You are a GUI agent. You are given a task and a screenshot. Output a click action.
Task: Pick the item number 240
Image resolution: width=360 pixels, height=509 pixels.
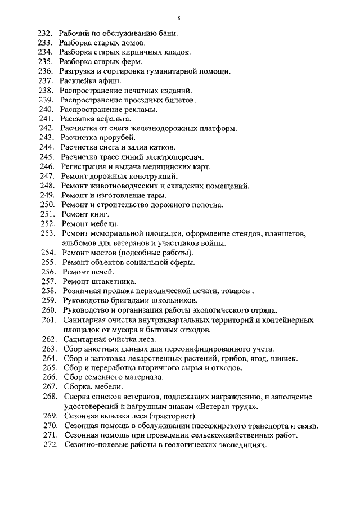coord(46,109)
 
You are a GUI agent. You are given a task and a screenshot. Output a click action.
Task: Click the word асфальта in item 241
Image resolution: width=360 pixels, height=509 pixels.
coord(112,119)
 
